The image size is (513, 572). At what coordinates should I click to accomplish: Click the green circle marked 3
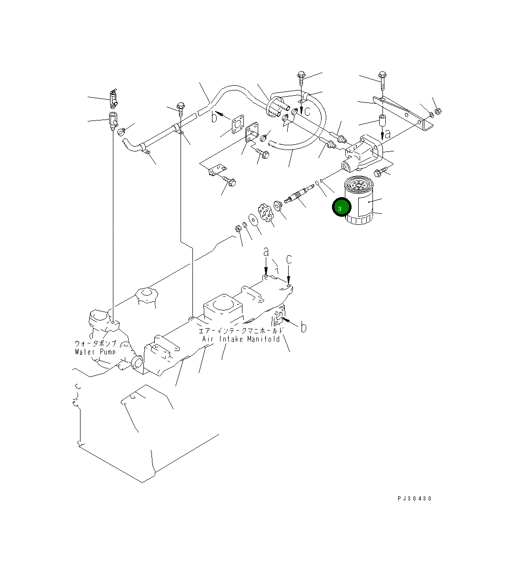click(x=342, y=207)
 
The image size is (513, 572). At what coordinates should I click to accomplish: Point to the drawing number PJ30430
click(x=414, y=498)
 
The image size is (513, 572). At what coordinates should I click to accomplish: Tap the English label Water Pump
click(x=95, y=352)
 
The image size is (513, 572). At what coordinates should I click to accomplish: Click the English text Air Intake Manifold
click(x=241, y=339)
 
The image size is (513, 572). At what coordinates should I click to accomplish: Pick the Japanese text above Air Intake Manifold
click(x=241, y=330)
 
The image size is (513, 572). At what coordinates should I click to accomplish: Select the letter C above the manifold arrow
click(x=289, y=260)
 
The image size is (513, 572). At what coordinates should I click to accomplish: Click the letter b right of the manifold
click(x=303, y=327)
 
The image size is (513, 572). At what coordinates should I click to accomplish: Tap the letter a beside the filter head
click(x=388, y=134)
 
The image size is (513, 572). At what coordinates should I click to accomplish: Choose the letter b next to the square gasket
click(x=215, y=117)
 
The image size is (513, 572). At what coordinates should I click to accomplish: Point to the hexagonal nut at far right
click(x=440, y=111)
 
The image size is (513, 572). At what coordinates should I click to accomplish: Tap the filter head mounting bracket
click(x=364, y=152)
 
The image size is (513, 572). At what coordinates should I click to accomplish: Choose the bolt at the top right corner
click(x=382, y=78)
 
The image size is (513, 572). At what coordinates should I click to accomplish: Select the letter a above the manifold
click(x=266, y=251)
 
